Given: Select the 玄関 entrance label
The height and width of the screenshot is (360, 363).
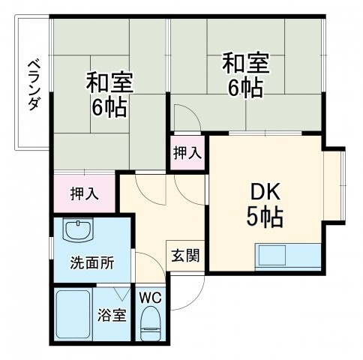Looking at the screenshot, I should [184, 255].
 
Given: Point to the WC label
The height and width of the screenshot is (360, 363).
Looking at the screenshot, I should [151, 295].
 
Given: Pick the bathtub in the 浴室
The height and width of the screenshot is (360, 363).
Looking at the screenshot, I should [73, 315].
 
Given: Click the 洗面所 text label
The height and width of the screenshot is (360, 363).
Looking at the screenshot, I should [92, 263].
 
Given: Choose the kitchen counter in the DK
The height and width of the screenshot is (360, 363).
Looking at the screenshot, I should [289, 256].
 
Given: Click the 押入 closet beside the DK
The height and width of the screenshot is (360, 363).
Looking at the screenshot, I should [187, 152].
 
